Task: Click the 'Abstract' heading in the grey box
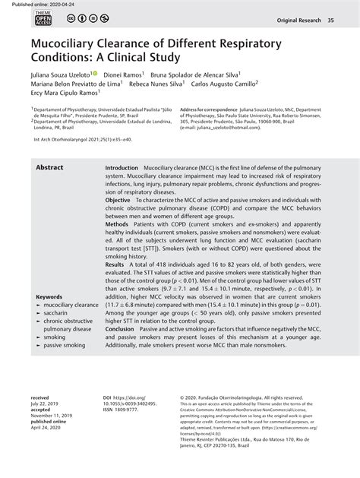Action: click(x=49, y=167)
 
